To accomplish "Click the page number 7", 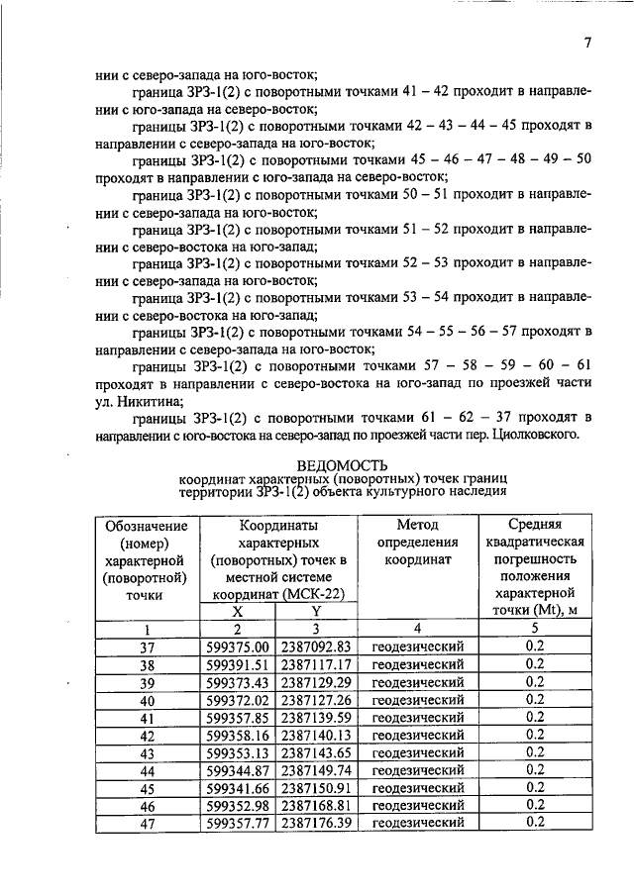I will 587,44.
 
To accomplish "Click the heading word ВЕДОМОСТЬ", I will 342,464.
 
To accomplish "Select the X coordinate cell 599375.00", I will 237,647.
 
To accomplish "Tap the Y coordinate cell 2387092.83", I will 316,647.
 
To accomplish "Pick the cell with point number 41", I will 147,717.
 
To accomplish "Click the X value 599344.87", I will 237,769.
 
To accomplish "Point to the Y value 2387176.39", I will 316,822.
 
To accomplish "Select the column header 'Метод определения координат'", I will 417,543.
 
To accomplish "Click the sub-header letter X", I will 237,612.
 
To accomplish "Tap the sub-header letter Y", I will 316,612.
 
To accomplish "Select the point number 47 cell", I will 147,822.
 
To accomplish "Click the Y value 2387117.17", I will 316,664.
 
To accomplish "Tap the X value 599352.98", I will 237,804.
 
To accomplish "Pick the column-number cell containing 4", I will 417,629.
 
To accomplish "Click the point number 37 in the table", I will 147,647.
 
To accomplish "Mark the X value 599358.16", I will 237,735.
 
